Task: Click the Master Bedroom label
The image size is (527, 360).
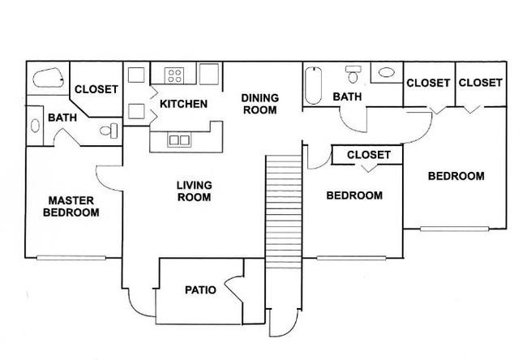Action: (x=71, y=207)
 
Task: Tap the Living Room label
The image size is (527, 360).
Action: (x=195, y=191)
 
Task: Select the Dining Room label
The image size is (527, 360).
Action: (x=259, y=104)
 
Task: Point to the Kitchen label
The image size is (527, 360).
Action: (x=183, y=104)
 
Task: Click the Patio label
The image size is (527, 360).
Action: (x=200, y=289)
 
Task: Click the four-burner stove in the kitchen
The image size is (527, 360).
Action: (x=174, y=75)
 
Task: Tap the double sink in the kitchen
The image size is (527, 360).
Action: (x=179, y=139)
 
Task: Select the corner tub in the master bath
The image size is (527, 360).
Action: (x=48, y=78)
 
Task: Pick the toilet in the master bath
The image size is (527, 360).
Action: (x=109, y=131)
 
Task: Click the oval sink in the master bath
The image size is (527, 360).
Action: (x=35, y=126)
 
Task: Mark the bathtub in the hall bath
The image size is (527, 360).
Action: (x=313, y=85)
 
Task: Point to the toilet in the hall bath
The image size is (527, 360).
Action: (x=353, y=75)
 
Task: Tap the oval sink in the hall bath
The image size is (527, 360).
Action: (x=386, y=72)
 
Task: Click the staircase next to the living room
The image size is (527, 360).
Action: (x=284, y=212)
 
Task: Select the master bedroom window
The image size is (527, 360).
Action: (x=71, y=258)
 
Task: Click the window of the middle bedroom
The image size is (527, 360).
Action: (x=351, y=258)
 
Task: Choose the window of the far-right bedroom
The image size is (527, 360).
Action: (x=454, y=229)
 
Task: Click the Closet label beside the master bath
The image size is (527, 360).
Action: (x=96, y=89)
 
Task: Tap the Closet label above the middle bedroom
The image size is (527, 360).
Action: (x=369, y=155)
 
